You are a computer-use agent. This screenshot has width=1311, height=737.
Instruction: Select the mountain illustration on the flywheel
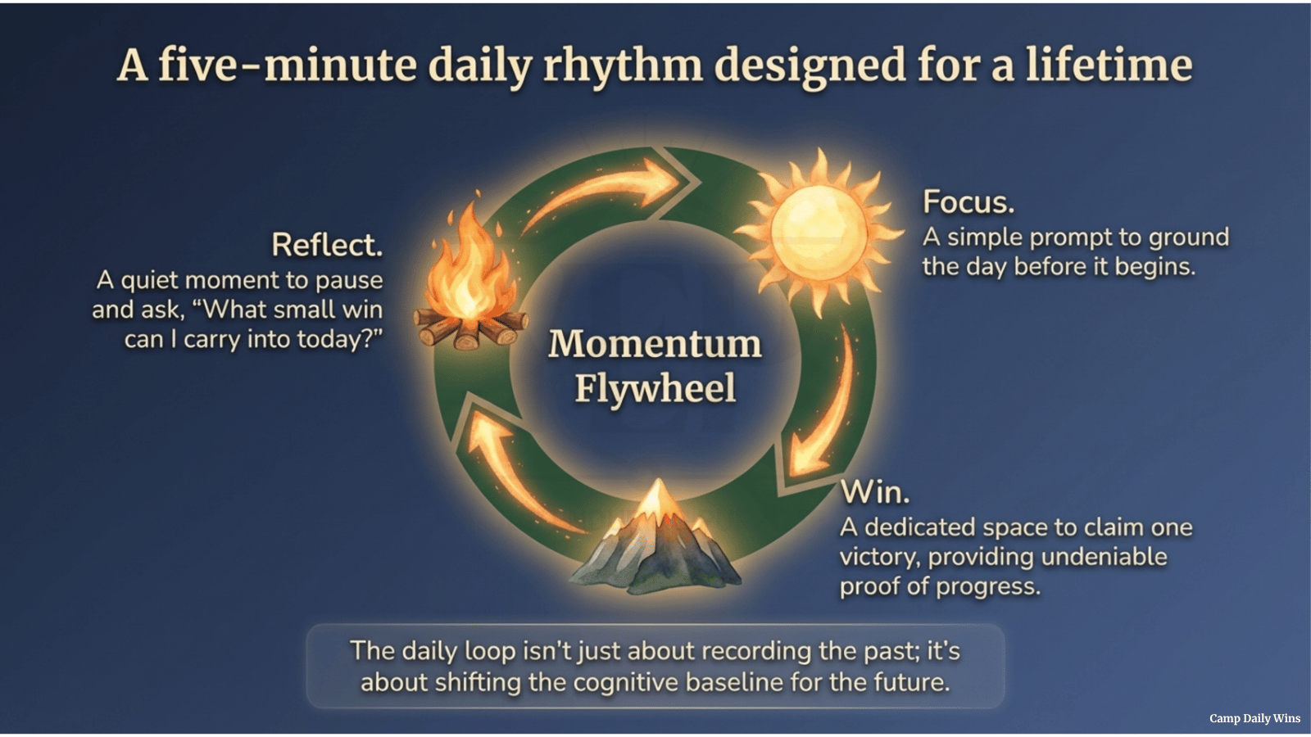click(x=655, y=540)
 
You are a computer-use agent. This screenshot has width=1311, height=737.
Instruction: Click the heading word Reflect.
click(x=327, y=245)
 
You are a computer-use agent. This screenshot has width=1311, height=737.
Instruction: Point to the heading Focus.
click(x=969, y=201)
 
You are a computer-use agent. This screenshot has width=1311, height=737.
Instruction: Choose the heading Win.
click(x=875, y=492)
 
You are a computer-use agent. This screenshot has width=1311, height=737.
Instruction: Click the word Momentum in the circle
click(x=655, y=344)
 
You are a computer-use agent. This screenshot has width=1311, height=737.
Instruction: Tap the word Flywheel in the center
click(x=655, y=388)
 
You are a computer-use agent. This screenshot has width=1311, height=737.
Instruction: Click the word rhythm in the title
click(x=623, y=66)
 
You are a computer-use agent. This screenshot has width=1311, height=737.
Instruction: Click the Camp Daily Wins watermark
click(x=1254, y=718)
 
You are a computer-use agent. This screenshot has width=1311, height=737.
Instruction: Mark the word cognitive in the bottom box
click(x=626, y=682)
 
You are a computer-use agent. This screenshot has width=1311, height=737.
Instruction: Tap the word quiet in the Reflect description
click(x=150, y=280)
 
